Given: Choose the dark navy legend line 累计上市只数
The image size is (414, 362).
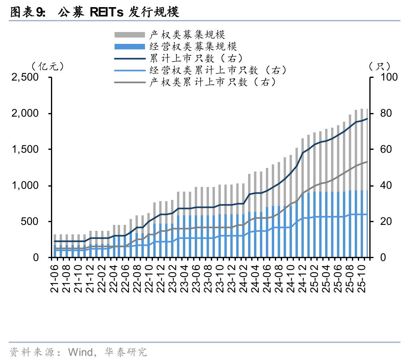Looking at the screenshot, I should (x=130, y=59).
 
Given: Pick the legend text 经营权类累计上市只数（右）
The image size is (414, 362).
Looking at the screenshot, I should (x=218, y=70).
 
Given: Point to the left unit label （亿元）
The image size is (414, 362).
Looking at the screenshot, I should (x=47, y=66).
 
